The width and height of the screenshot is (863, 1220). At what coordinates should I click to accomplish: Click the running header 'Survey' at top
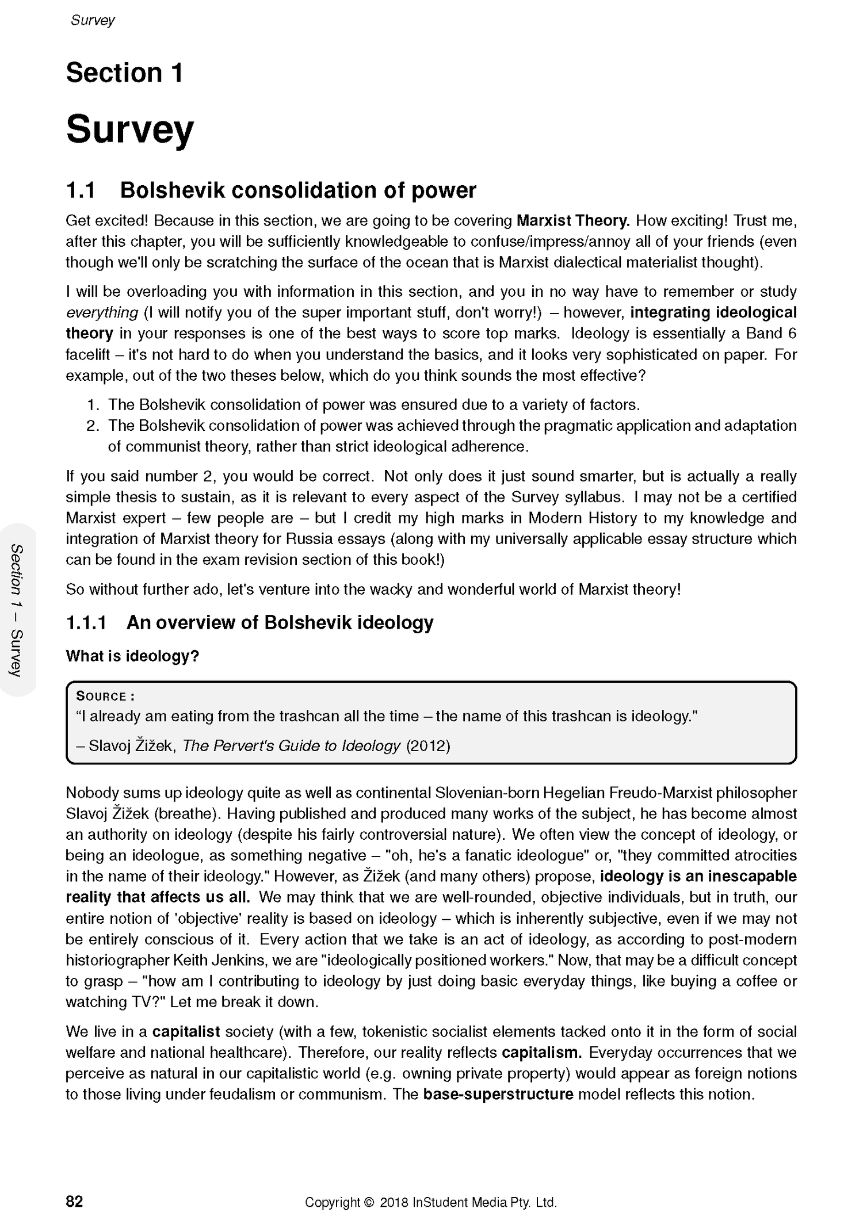[93, 20]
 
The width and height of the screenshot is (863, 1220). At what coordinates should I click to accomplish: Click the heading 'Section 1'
[124, 73]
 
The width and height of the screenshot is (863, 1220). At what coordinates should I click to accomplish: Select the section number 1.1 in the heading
[81, 190]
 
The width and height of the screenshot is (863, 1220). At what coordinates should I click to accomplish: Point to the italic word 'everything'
[102, 313]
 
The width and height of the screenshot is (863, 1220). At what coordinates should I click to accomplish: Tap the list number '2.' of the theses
[94, 426]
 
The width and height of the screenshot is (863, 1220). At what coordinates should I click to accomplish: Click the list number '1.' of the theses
[94, 405]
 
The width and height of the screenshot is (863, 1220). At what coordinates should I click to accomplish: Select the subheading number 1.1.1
[86, 623]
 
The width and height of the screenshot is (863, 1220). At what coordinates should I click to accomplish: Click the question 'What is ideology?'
[132, 656]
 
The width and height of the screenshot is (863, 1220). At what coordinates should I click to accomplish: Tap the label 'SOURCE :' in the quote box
[105, 697]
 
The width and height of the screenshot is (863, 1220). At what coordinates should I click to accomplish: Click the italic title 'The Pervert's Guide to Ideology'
[291, 747]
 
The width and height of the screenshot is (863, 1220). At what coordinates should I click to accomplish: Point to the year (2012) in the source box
[428, 747]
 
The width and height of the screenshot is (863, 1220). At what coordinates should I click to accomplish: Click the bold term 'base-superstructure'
[498, 1095]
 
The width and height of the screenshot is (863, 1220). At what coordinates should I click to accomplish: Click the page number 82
[75, 1202]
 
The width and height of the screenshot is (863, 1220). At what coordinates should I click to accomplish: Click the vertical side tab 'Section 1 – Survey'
[18, 610]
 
